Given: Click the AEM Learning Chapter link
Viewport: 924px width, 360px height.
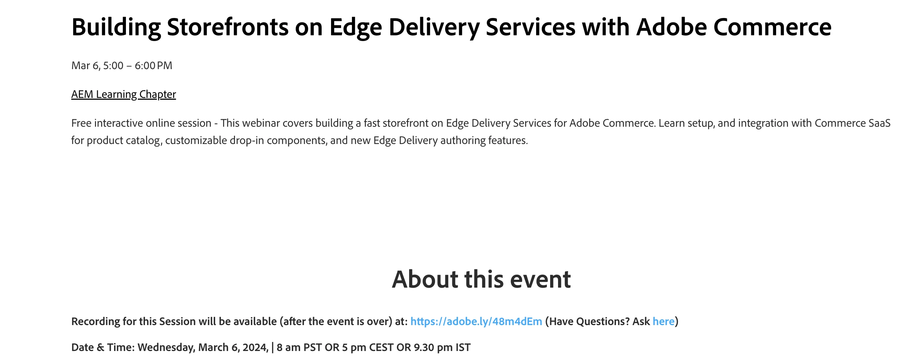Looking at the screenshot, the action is point(123,94).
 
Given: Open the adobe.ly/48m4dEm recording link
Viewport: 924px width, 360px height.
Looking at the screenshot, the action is point(476,321).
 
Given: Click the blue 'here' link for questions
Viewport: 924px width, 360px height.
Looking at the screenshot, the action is point(663,321).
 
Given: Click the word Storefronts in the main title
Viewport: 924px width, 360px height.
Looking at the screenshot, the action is point(228,27).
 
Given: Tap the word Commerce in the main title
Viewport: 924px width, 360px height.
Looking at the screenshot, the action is point(772,27).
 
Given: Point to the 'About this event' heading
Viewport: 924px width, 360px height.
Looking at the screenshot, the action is point(481,279).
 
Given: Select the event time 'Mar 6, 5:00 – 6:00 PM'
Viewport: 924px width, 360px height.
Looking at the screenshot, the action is point(122,66).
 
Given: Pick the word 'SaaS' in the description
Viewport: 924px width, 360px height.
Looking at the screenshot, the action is point(879,123).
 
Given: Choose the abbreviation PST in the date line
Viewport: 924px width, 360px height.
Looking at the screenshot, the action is point(312,347).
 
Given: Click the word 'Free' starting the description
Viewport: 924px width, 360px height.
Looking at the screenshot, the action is point(81,123).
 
